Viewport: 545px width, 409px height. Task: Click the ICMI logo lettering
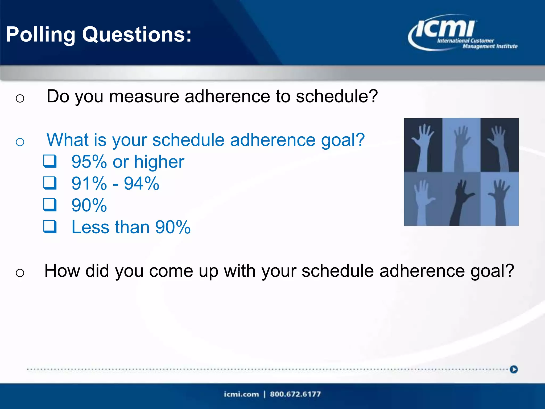(x=445, y=29)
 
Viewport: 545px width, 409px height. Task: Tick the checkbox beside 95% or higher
(x=50, y=161)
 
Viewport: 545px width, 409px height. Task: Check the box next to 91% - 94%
(x=50, y=183)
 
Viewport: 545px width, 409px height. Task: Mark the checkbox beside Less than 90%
(x=50, y=227)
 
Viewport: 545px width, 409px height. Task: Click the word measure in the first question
(x=144, y=96)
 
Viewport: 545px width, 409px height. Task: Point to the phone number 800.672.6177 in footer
(x=295, y=394)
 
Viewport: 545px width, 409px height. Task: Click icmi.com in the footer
(x=241, y=394)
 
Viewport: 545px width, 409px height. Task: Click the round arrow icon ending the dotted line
(x=514, y=369)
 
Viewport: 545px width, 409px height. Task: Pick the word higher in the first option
(x=159, y=162)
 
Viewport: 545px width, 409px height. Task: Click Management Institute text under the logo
(x=490, y=46)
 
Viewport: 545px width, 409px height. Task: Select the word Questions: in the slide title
(x=137, y=35)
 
